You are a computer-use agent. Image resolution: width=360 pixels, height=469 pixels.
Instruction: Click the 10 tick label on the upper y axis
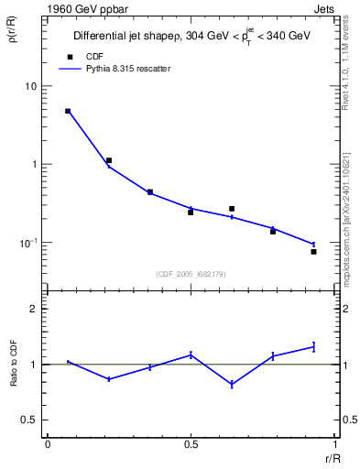[x=30, y=86]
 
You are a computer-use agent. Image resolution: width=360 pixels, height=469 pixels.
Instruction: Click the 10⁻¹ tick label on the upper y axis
[x=28, y=243]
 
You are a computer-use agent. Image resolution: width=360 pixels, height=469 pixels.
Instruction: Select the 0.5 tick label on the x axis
[x=191, y=445]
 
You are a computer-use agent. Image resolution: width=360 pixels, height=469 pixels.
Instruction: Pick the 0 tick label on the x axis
[x=47, y=445]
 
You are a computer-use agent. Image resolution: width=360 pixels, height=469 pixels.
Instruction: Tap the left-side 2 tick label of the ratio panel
[x=34, y=310]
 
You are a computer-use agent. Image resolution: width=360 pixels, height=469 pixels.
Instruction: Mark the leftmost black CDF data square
[x=68, y=111]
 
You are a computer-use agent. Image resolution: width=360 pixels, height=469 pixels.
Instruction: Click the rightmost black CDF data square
[x=313, y=251]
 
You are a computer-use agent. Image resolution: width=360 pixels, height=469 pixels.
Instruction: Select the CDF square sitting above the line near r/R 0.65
[x=232, y=209]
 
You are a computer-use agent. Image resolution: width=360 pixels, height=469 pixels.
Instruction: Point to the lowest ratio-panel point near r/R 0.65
[x=232, y=385]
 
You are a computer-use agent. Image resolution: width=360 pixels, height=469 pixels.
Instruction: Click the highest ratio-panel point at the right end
[x=313, y=346]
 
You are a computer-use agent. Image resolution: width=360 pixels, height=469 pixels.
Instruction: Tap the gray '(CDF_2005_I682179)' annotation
[x=191, y=274]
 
